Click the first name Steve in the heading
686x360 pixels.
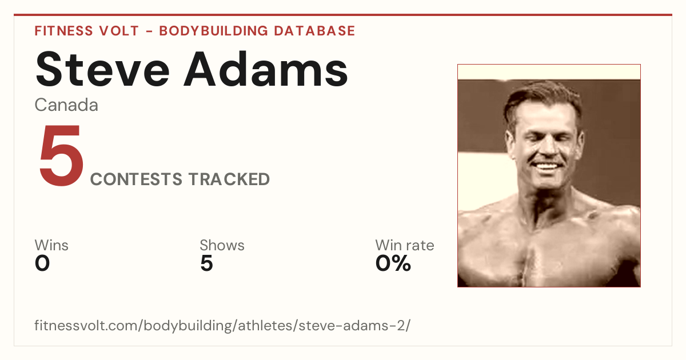point(102,69)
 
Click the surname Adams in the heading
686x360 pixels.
point(266,69)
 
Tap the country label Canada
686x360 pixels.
point(66,105)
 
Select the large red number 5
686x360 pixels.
point(62,155)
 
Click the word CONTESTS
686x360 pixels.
point(136,179)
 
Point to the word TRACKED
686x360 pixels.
point(229,179)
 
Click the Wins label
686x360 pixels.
point(51,245)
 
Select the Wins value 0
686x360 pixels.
point(42,263)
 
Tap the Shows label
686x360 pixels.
point(222,245)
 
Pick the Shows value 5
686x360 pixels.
point(206,263)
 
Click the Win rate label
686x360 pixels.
point(405,245)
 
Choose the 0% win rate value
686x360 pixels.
point(393,263)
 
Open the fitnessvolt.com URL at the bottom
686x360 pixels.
point(222,325)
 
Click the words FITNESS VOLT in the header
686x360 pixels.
point(87,31)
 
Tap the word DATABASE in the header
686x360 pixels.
point(314,31)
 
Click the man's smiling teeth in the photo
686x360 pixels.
point(547,166)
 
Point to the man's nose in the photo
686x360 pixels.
point(547,147)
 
